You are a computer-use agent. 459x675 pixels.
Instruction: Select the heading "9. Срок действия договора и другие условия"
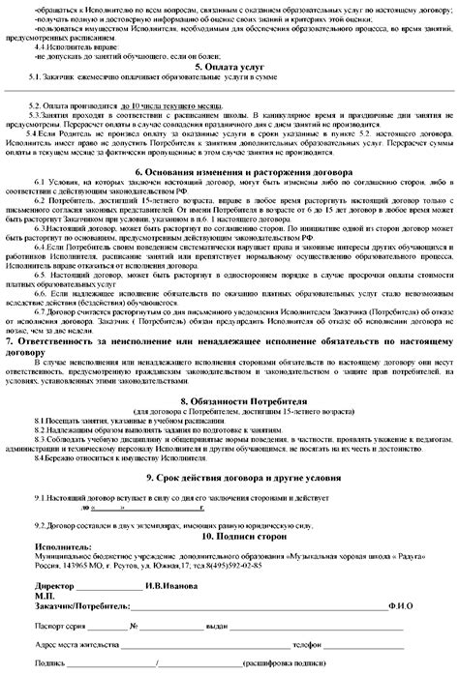(229, 478)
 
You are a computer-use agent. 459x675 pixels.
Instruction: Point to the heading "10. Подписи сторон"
(229, 535)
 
